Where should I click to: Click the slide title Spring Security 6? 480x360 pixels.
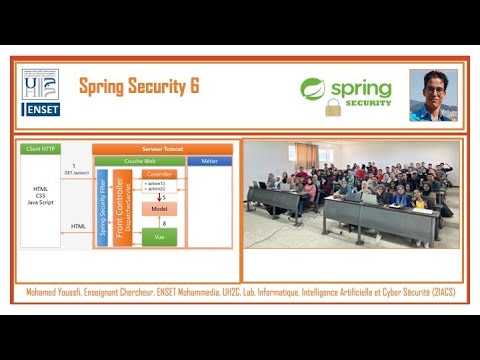pos(139,87)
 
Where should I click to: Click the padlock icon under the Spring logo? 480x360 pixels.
pos(333,106)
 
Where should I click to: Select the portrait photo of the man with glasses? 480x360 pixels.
pos(432,95)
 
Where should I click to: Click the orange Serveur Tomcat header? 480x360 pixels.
pos(162,148)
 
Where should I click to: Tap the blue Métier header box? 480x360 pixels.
pos(210,159)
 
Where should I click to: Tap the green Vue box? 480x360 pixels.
pos(159,237)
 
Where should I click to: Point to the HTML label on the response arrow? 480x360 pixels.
pos(79,227)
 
